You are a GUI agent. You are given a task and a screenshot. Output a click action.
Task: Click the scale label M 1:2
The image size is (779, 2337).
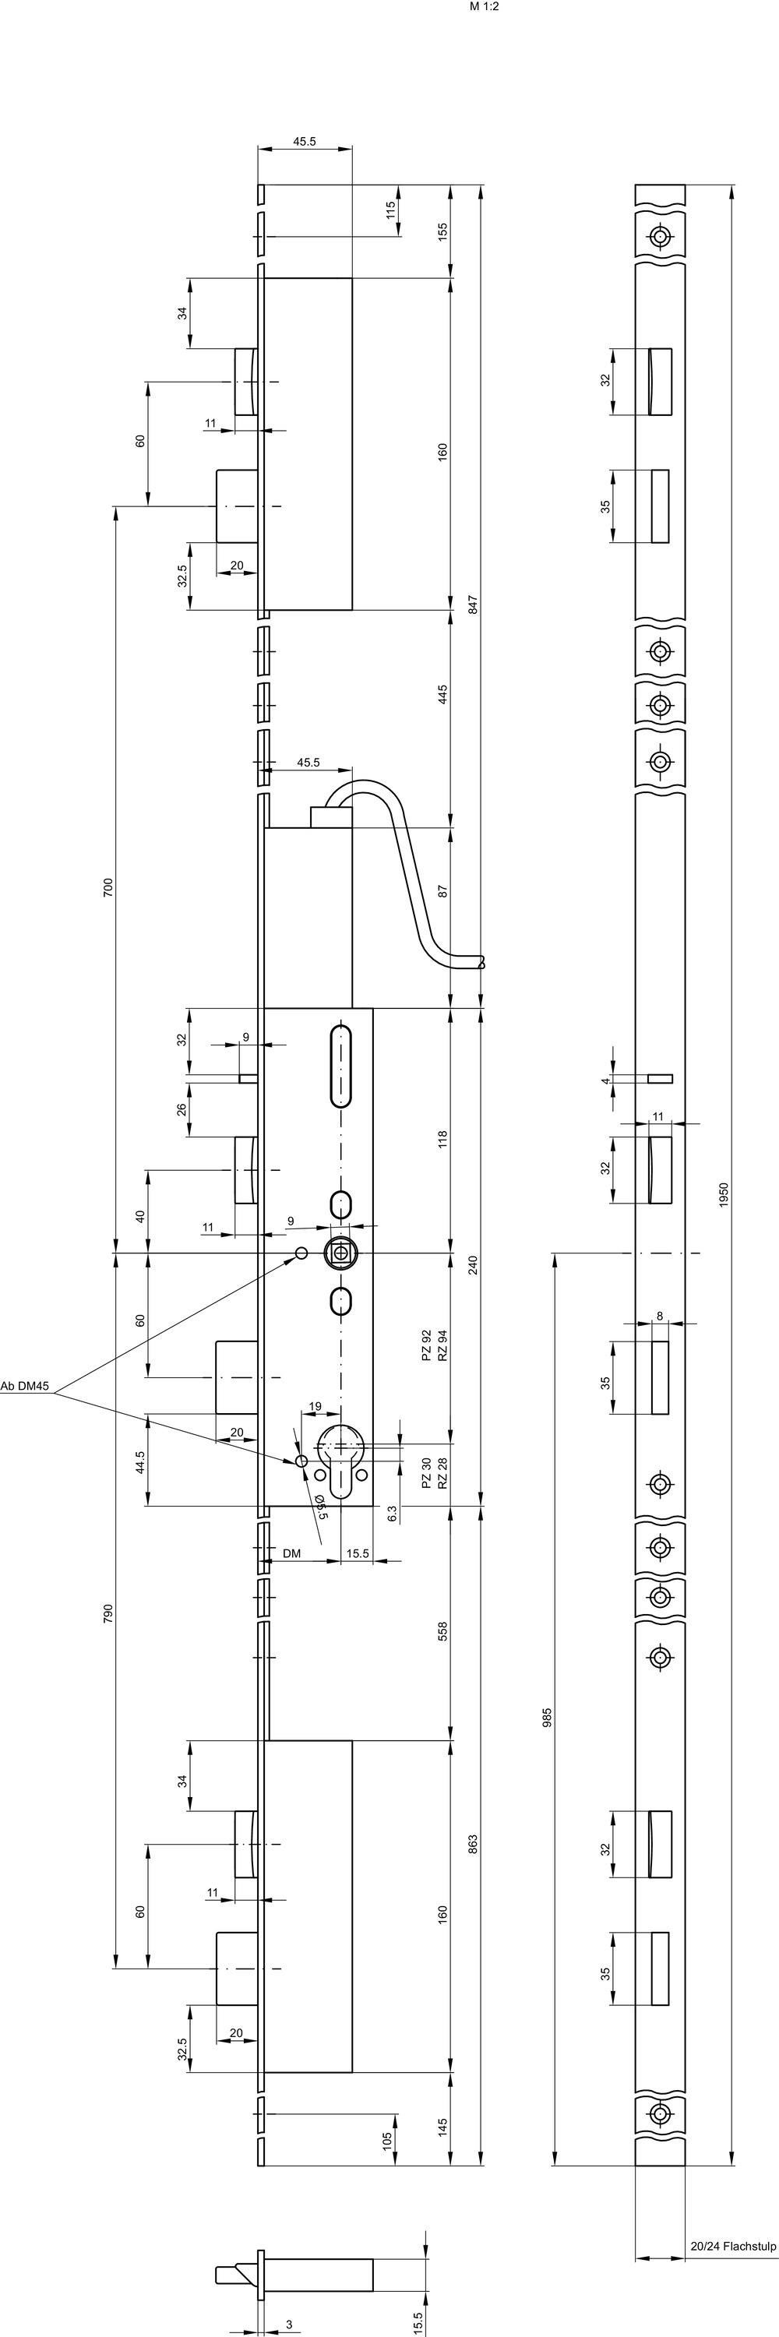(x=485, y=6)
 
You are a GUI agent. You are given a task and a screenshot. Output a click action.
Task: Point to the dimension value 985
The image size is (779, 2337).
(x=547, y=1715)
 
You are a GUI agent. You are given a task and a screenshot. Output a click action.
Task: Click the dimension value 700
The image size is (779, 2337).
(x=108, y=887)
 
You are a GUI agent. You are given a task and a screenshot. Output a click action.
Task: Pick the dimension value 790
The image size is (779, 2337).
(x=108, y=1613)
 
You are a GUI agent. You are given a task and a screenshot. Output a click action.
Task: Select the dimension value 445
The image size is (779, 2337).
(x=443, y=694)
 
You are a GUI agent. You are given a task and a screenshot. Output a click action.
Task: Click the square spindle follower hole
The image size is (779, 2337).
(x=341, y=1253)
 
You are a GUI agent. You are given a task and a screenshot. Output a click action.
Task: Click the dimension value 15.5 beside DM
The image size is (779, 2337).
(x=358, y=1554)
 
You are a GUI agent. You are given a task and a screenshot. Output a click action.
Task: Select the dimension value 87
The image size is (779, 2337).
(x=443, y=891)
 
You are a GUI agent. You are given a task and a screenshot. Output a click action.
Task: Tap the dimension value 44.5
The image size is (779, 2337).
(x=140, y=1462)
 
